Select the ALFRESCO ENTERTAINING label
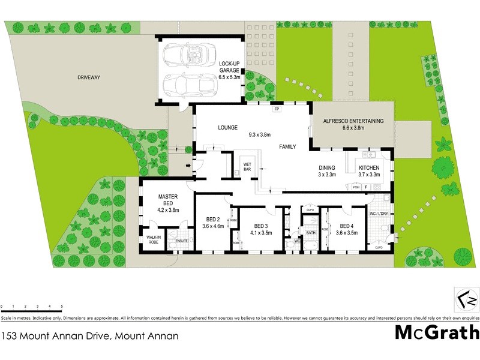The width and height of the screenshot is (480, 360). coord(353,121)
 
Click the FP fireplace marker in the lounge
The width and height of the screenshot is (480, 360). coord(277,110)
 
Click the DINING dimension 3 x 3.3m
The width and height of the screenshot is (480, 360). coord(327,175)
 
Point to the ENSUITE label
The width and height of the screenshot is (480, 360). coord(181,241)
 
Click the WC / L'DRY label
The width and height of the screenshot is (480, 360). coord(379,214)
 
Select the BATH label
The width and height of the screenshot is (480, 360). coord(311,232)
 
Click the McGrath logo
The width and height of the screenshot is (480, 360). coord(436,331)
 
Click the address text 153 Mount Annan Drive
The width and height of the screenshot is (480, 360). coord(89,336)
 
